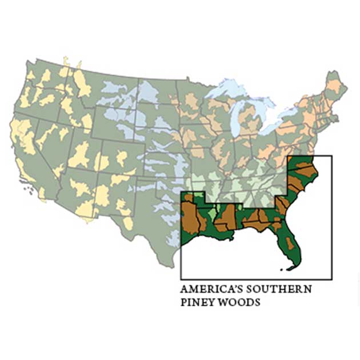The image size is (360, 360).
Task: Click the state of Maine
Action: point(336,86)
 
